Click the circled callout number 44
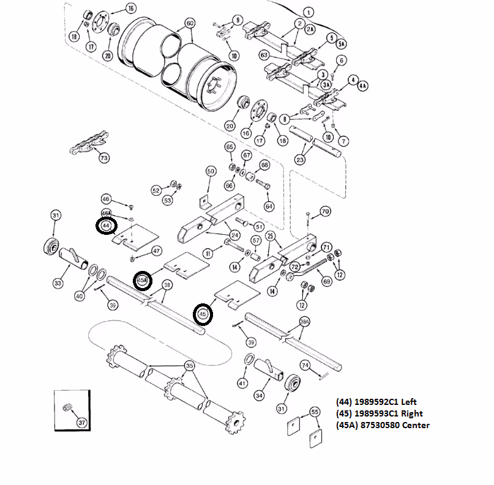click(107, 226)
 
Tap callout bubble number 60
click(189, 23)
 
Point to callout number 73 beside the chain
click(103, 158)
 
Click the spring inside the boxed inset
click(69, 408)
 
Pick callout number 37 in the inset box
click(81, 422)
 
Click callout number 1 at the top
click(308, 12)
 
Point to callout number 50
click(211, 172)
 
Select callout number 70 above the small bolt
click(325, 211)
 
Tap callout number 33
click(58, 283)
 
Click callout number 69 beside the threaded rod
click(326, 281)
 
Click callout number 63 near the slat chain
click(264, 55)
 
